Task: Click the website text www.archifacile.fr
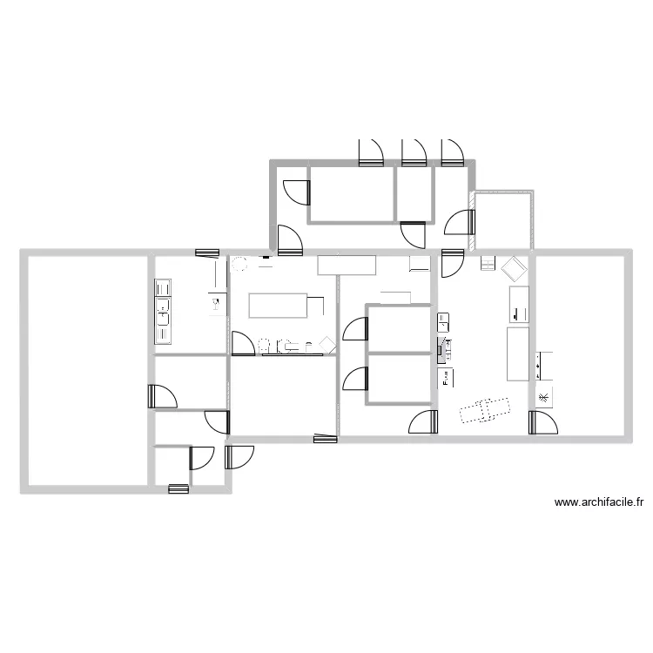(x=599, y=502)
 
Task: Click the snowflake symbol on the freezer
(x=543, y=397)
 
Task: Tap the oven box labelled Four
(x=445, y=378)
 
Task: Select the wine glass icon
(x=215, y=303)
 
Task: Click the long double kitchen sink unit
(x=163, y=312)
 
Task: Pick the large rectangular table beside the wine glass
(x=278, y=306)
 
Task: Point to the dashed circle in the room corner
(x=239, y=264)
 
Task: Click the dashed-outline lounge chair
(x=485, y=410)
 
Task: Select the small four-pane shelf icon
(x=488, y=263)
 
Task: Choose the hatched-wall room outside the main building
(x=503, y=220)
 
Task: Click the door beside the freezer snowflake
(x=543, y=422)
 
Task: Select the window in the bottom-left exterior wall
(x=178, y=489)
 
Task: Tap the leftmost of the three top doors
(x=371, y=153)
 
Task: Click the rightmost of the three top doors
(x=452, y=153)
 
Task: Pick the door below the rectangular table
(x=243, y=343)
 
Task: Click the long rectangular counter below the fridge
(x=518, y=354)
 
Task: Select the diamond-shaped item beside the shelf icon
(x=514, y=268)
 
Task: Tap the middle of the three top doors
(x=414, y=153)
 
